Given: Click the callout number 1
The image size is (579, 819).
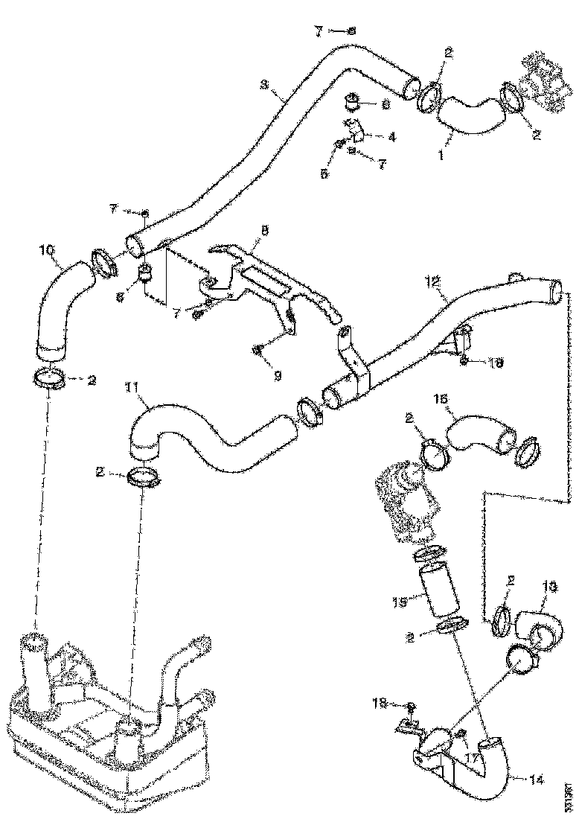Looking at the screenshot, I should [441, 157].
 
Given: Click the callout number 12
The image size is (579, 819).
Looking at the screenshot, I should [433, 282].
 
